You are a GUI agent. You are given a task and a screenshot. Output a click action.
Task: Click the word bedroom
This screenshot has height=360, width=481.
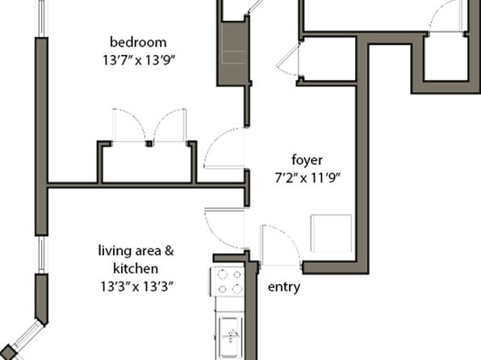coord(138,42)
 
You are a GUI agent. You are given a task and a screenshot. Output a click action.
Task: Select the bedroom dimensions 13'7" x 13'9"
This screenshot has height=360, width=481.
coord(138,61)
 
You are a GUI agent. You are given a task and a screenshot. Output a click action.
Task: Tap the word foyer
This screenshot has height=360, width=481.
coord(307,160)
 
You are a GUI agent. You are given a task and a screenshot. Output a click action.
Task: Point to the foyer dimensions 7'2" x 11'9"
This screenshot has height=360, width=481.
coord(307,178)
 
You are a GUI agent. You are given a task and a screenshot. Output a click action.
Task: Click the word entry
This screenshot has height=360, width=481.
coord(284,287)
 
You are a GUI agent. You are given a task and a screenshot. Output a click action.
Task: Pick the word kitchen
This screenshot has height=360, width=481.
coord(136,269)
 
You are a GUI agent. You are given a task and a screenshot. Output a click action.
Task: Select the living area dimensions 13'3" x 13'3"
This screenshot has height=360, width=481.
coord(137,287)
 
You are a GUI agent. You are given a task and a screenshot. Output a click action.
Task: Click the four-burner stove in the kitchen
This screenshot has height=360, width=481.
coord(228,281)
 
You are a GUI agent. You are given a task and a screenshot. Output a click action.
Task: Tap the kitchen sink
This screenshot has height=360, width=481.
coord(230,336)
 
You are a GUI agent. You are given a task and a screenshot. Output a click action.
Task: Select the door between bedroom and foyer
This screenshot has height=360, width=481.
coord(224,148)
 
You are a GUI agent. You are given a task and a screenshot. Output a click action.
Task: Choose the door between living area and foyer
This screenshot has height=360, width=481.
coord(224,228)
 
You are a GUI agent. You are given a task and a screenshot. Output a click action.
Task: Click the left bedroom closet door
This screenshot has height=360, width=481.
coord(129,125)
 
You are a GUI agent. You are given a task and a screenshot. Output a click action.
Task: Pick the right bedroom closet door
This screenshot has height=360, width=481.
coord(170,125)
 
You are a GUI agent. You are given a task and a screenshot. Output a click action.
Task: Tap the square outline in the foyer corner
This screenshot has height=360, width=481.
coord(332,233)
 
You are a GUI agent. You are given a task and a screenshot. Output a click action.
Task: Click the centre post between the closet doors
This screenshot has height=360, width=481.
coord(149,144)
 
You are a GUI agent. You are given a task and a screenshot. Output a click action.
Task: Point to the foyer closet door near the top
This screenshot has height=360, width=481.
coord(288,59)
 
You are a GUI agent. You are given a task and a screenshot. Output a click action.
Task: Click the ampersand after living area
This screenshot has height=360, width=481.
coord(169,251)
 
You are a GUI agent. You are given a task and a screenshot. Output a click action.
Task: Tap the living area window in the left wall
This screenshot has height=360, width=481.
coord(42,255)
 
